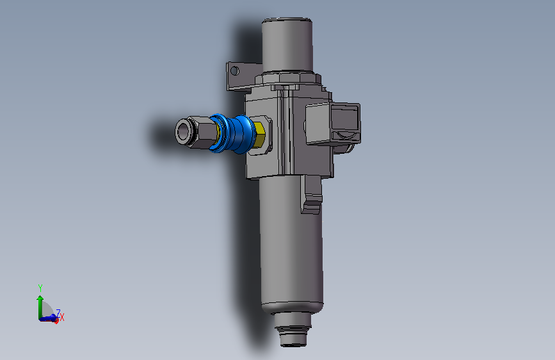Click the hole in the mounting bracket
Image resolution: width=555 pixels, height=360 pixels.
coord(234,71)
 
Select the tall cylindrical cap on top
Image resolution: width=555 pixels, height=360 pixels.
coord(287,45)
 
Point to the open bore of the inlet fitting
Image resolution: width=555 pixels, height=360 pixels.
coord(182,131)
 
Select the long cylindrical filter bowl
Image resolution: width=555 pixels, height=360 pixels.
coord(291,245)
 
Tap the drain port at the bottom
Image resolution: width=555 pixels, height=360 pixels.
coord(293,329)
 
